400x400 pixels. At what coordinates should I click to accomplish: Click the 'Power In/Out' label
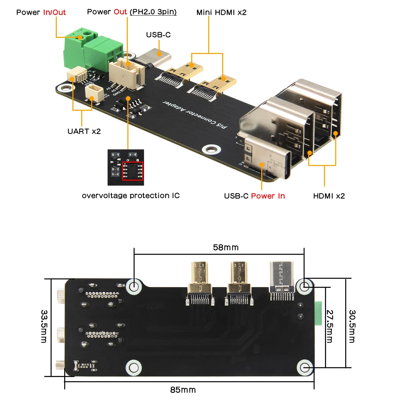pos(41,12)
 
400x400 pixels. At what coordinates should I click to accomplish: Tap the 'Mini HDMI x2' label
pos(221,12)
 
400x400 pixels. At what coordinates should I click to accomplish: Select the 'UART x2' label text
pos(84,131)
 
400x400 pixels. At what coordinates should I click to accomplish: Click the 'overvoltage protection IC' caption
pos(131,196)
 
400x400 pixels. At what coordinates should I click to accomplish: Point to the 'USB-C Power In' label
pos(254,196)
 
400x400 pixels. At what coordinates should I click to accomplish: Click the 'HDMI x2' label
pos(329,196)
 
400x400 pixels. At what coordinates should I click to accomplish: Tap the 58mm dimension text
pos(226,247)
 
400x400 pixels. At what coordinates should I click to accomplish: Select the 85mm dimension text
pos(183,390)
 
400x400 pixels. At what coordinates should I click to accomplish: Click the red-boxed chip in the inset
pos(133,171)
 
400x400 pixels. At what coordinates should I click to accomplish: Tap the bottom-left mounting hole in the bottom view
pos(134,368)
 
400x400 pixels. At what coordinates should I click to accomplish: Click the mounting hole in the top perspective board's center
pos(211,149)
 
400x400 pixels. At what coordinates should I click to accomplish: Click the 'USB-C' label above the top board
pos(158,35)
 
